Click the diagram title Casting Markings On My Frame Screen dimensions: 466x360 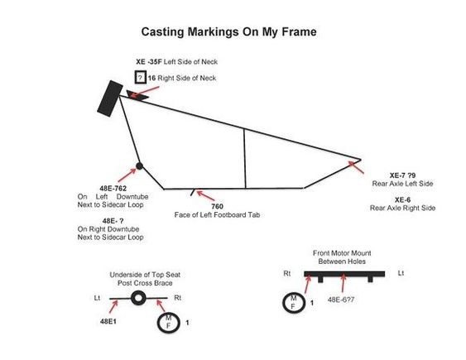point(228,31)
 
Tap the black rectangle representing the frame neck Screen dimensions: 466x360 point(110,98)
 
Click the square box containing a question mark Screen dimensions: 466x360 point(140,77)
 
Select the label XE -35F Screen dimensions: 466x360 point(149,62)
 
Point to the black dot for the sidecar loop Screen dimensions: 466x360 point(139,166)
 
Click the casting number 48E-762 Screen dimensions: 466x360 point(113,189)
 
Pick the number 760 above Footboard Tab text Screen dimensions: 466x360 point(217,206)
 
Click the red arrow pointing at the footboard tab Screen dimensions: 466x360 point(205,196)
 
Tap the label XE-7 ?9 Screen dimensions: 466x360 point(403,175)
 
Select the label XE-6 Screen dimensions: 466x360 point(403,200)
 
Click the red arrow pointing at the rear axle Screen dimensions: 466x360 point(356,167)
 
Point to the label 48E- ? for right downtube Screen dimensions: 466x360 point(113,221)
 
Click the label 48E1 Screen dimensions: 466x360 point(108,321)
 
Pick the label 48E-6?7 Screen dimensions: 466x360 point(341,300)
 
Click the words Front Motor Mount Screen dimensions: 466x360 point(342,253)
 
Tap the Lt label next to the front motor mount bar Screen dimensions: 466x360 point(401,273)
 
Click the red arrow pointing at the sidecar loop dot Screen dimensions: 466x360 point(127,175)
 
